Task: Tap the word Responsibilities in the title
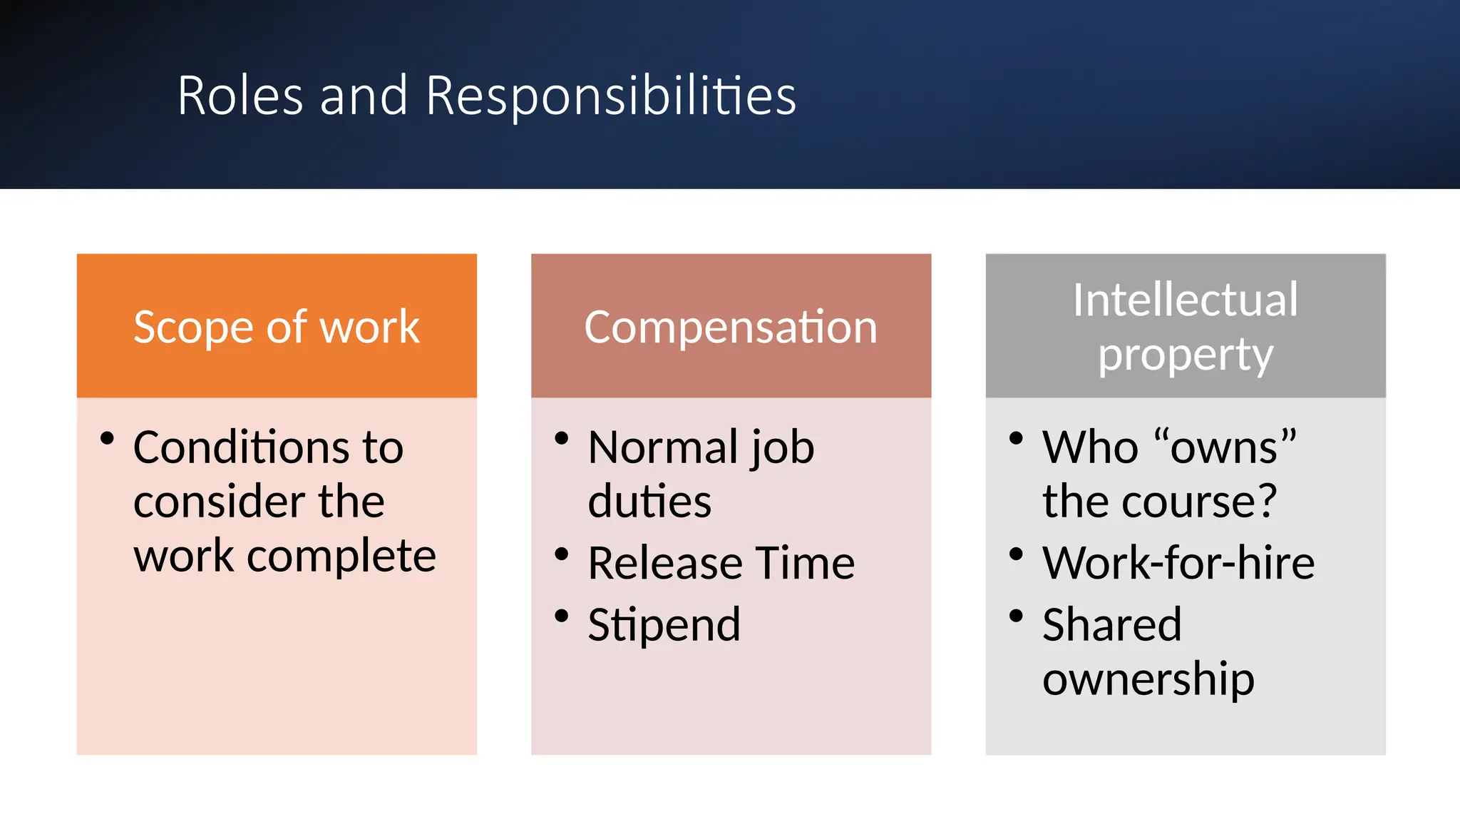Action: (x=611, y=96)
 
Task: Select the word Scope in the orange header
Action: (x=192, y=328)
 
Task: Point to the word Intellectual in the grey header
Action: (x=1185, y=300)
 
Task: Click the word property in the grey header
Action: (x=1185, y=355)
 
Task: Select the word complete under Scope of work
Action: (x=341, y=556)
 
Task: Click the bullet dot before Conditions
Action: (x=107, y=438)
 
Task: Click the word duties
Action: (x=649, y=501)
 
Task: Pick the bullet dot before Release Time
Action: (x=562, y=554)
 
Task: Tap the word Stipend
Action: (x=664, y=624)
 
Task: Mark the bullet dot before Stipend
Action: (x=562, y=615)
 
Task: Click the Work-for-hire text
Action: (x=1178, y=563)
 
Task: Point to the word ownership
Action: (x=1148, y=679)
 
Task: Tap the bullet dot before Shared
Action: (x=1016, y=615)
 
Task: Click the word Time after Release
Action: (x=805, y=563)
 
